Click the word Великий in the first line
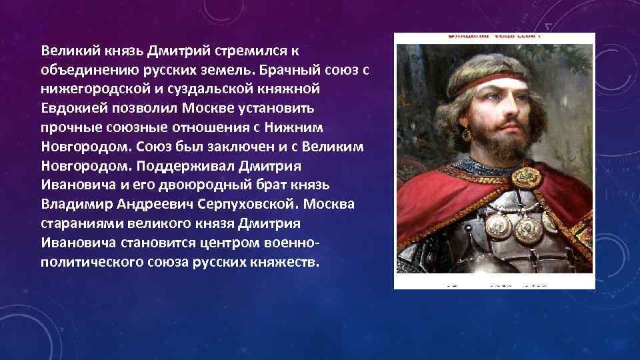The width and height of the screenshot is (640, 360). click(x=65, y=50)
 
